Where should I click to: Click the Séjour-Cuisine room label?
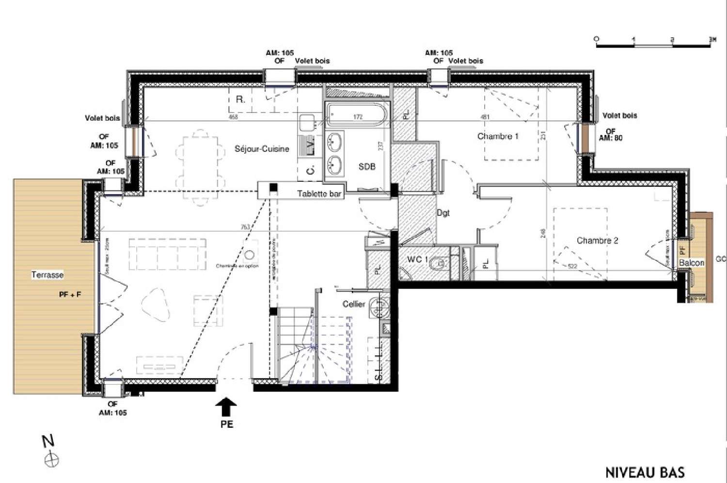pyautogui.click(x=262, y=149)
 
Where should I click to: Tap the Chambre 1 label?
pyautogui.click(x=498, y=136)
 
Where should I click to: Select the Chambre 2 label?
pyautogui.click(x=597, y=241)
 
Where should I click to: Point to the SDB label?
pyautogui.click(x=367, y=166)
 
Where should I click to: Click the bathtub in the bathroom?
pyautogui.click(x=358, y=117)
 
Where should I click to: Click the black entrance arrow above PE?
pyautogui.click(x=226, y=406)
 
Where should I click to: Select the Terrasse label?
pyautogui.click(x=47, y=275)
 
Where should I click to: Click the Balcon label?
pyautogui.click(x=692, y=262)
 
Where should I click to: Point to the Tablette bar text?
pyautogui.click(x=319, y=194)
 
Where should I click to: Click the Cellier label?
pyautogui.click(x=353, y=304)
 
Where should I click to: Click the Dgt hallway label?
pyautogui.click(x=443, y=212)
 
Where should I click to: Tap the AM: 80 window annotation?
pyautogui.click(x=610, y=138)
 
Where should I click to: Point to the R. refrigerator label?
pyautogui.click(x=239, y=99)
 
